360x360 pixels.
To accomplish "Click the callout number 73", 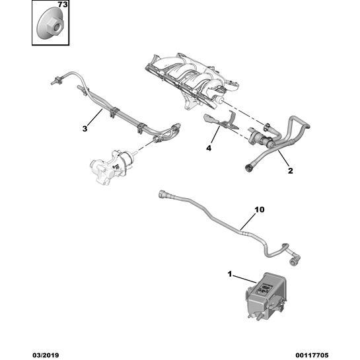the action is click(63, 5).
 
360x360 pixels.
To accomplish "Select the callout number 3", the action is click(85, 129).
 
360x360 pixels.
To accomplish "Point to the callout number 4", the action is click(209, 149).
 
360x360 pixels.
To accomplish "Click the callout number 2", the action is click(291, 171).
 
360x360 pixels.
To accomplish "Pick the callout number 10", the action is click(260, 209).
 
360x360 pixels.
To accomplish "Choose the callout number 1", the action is click(230, 274).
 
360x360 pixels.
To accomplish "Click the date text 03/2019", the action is click(46, 355).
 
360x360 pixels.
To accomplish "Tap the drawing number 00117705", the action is click(312, 355).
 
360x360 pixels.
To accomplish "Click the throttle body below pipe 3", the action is click(112, 166).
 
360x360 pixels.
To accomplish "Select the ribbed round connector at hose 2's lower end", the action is click(248, 168).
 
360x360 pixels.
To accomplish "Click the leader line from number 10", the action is click(248, 222).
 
